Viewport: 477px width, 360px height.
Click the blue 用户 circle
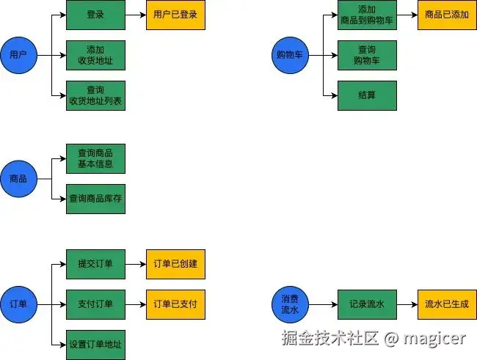18,55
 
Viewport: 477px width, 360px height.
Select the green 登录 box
95,15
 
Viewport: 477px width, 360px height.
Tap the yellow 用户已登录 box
175,15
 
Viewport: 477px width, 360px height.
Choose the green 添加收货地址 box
95,55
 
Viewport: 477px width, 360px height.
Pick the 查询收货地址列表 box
95,95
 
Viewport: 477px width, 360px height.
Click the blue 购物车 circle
290,55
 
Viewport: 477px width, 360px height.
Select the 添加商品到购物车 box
367,15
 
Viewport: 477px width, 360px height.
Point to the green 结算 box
367,95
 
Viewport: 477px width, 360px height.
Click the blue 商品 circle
18,179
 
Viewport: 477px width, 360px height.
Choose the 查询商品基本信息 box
95,158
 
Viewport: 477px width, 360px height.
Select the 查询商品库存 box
95,199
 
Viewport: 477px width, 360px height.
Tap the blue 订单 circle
18,304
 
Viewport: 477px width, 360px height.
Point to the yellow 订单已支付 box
175,304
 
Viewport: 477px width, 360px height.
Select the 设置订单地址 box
95,344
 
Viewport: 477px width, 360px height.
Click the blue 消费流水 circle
290,304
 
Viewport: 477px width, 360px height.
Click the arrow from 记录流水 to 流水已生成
407,304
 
